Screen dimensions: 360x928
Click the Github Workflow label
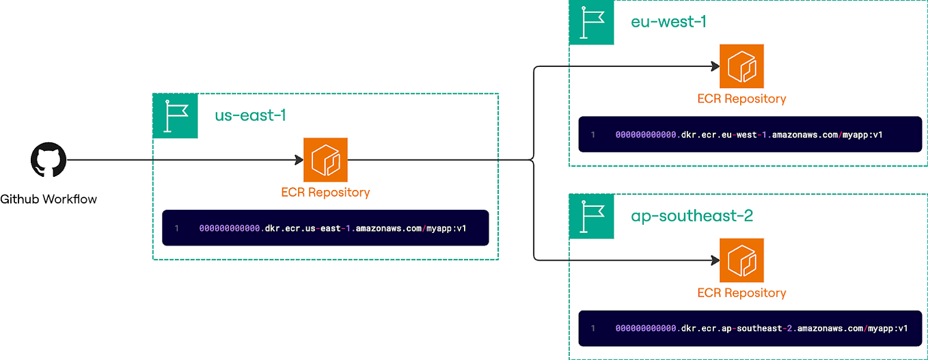coord(49,199)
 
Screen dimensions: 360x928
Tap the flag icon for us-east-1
coord(175,116)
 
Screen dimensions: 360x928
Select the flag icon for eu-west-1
coord(591,23)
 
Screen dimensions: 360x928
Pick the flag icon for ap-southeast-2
coord(591,217)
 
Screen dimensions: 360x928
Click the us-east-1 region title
coord(250,115)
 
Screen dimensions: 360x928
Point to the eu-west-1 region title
coord(668,22)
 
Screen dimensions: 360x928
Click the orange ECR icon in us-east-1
coord(326,160)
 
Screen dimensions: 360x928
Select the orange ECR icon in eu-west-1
coord(741,66)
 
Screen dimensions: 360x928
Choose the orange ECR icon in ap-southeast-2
coord(741,260)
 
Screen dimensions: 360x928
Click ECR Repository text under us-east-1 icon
coord(325,193)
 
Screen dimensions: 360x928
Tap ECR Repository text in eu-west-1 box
coord(741,99)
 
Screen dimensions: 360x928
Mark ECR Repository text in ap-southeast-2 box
coord(741,293)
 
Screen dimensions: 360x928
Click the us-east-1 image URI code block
coord(325,227)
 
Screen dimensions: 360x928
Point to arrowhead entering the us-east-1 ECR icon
coord(299,160)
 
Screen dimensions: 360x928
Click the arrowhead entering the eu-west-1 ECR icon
coord(715,66)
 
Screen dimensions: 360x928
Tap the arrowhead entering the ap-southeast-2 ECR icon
coord(715,260)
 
